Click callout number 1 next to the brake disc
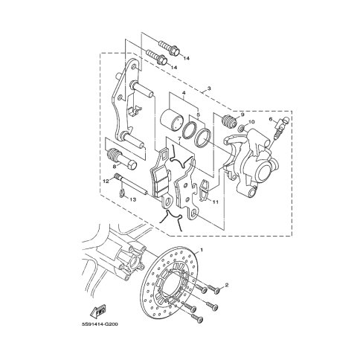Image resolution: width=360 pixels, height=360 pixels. point(202,249)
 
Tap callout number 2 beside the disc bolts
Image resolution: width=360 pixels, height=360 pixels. point(226,286)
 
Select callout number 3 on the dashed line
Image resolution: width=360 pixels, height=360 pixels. point(209,88)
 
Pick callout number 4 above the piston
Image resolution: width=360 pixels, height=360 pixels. point(184,93)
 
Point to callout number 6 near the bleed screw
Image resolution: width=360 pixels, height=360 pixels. point(271,120)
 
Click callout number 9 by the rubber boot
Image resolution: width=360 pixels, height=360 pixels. point(242,115)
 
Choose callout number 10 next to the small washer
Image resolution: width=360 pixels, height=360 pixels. point(251,122)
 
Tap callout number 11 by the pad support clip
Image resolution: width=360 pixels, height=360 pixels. point(215,202)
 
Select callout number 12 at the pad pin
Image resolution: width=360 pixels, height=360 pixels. point(106,181)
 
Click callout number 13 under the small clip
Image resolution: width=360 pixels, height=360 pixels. point(133,199)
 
